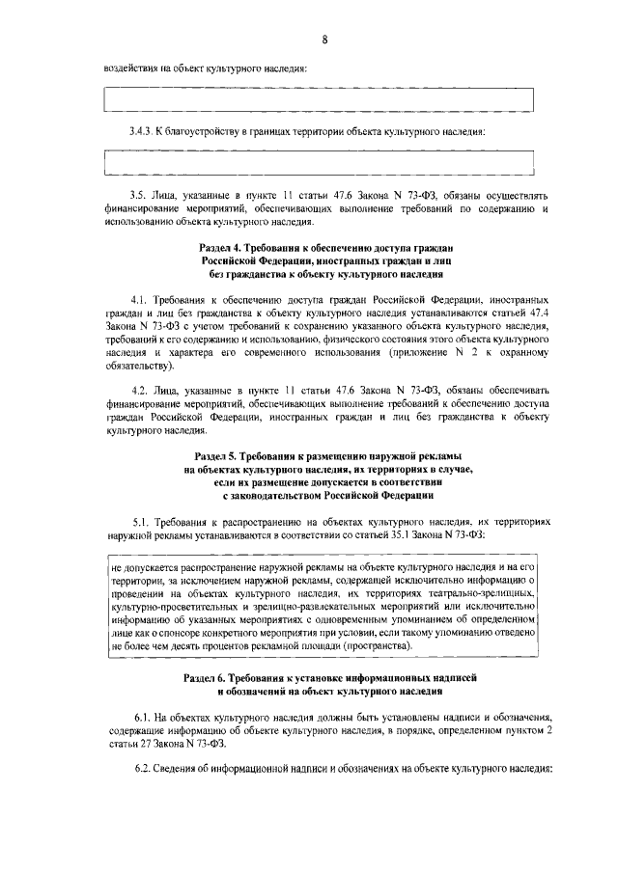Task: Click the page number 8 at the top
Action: click(x=325, y=39)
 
